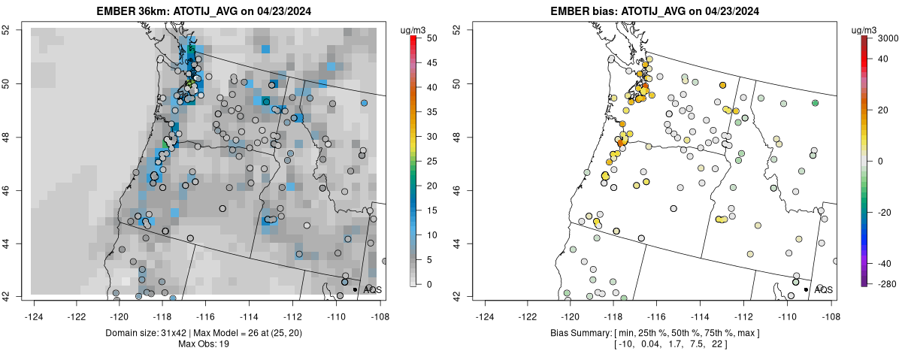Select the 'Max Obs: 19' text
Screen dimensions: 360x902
click(x=204, y=344)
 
